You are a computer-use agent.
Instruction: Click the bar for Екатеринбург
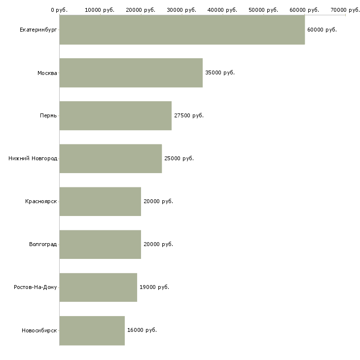click(x=182, y=30)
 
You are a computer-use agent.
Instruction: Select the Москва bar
click(x=131, y=73)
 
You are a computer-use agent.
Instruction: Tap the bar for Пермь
click(x=115, y=116)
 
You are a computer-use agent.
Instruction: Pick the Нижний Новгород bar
click(x=110, y=159)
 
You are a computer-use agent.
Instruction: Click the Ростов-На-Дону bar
click(x=98, y=288)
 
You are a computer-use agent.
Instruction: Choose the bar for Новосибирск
click(x=92, y=330)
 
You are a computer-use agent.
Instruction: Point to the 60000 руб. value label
click(x=322, y=30)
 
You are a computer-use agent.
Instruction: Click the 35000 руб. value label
click(x=220, y=73)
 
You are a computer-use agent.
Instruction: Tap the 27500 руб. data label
click(x=189, y=115)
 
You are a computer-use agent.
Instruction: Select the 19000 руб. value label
click(x=154, y=287)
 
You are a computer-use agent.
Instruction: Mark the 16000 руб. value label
click(x=142, y=330)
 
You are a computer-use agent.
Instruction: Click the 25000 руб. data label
click(x=179, y=158)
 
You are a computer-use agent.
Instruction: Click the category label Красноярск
click(x=41, y=202)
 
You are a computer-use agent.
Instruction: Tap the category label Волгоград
click(x=43, y=244)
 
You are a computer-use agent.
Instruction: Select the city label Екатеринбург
click(x=38, y=30)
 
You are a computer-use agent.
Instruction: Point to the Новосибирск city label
click(x=39, y=330)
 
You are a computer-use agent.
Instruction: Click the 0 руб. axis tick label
click(x=59, y=10)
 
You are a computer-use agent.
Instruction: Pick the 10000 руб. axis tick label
click(x=100, y=10)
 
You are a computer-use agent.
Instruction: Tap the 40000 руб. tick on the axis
click(x=222, y=10)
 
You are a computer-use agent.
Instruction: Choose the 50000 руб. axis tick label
click(x=263, y=10)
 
